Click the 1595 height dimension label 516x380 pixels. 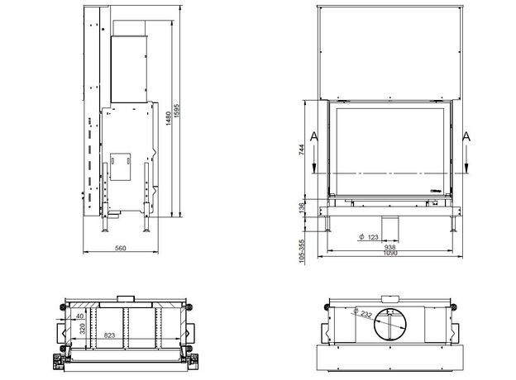pos(177,111)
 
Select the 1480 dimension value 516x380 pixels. pos(168,118)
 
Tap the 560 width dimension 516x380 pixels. pos(121,248)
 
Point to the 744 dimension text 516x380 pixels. pos(302,150)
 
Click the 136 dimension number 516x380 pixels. pos(302,207)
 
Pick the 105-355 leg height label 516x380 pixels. pos(302,251)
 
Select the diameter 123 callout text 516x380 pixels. pos(369,237)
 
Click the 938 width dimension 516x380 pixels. pos(390,247)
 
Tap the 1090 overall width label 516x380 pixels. pos(390,253)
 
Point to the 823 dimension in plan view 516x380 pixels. pos(110,335)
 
